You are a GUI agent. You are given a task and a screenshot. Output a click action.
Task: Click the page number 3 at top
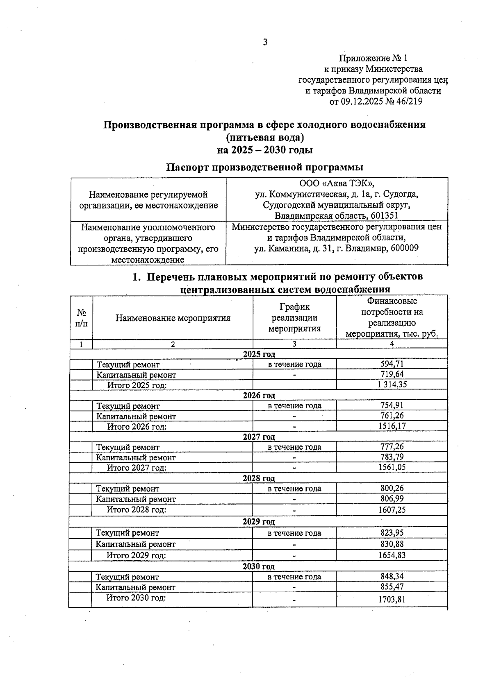coord(265,42)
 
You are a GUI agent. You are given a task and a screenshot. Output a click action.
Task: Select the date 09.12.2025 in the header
coord(361,101)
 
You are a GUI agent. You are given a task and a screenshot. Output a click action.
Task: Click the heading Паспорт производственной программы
coord(264,167)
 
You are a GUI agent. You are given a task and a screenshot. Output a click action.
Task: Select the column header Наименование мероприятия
coord(173,318)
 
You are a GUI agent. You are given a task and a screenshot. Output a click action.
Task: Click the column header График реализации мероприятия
coord(294,317)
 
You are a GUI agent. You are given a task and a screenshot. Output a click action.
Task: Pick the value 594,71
coord(392,364)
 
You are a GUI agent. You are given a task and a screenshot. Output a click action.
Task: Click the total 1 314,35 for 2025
coord(392,384)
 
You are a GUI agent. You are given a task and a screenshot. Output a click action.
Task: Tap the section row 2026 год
coord(259,395)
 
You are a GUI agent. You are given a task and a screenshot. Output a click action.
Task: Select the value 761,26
coord(392,416)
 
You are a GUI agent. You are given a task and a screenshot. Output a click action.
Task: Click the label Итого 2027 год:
coord(137,468)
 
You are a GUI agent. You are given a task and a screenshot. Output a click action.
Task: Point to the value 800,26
coord(392,488)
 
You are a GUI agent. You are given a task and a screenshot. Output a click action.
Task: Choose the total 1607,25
coord(392,510)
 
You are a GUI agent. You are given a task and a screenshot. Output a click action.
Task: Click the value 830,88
coord(392,543)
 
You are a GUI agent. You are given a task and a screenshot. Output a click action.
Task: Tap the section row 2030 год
coord(258,566)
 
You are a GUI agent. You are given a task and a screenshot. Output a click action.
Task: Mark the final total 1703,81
coord(392,600)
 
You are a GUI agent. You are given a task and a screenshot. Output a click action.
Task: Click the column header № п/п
coord(82,318)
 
